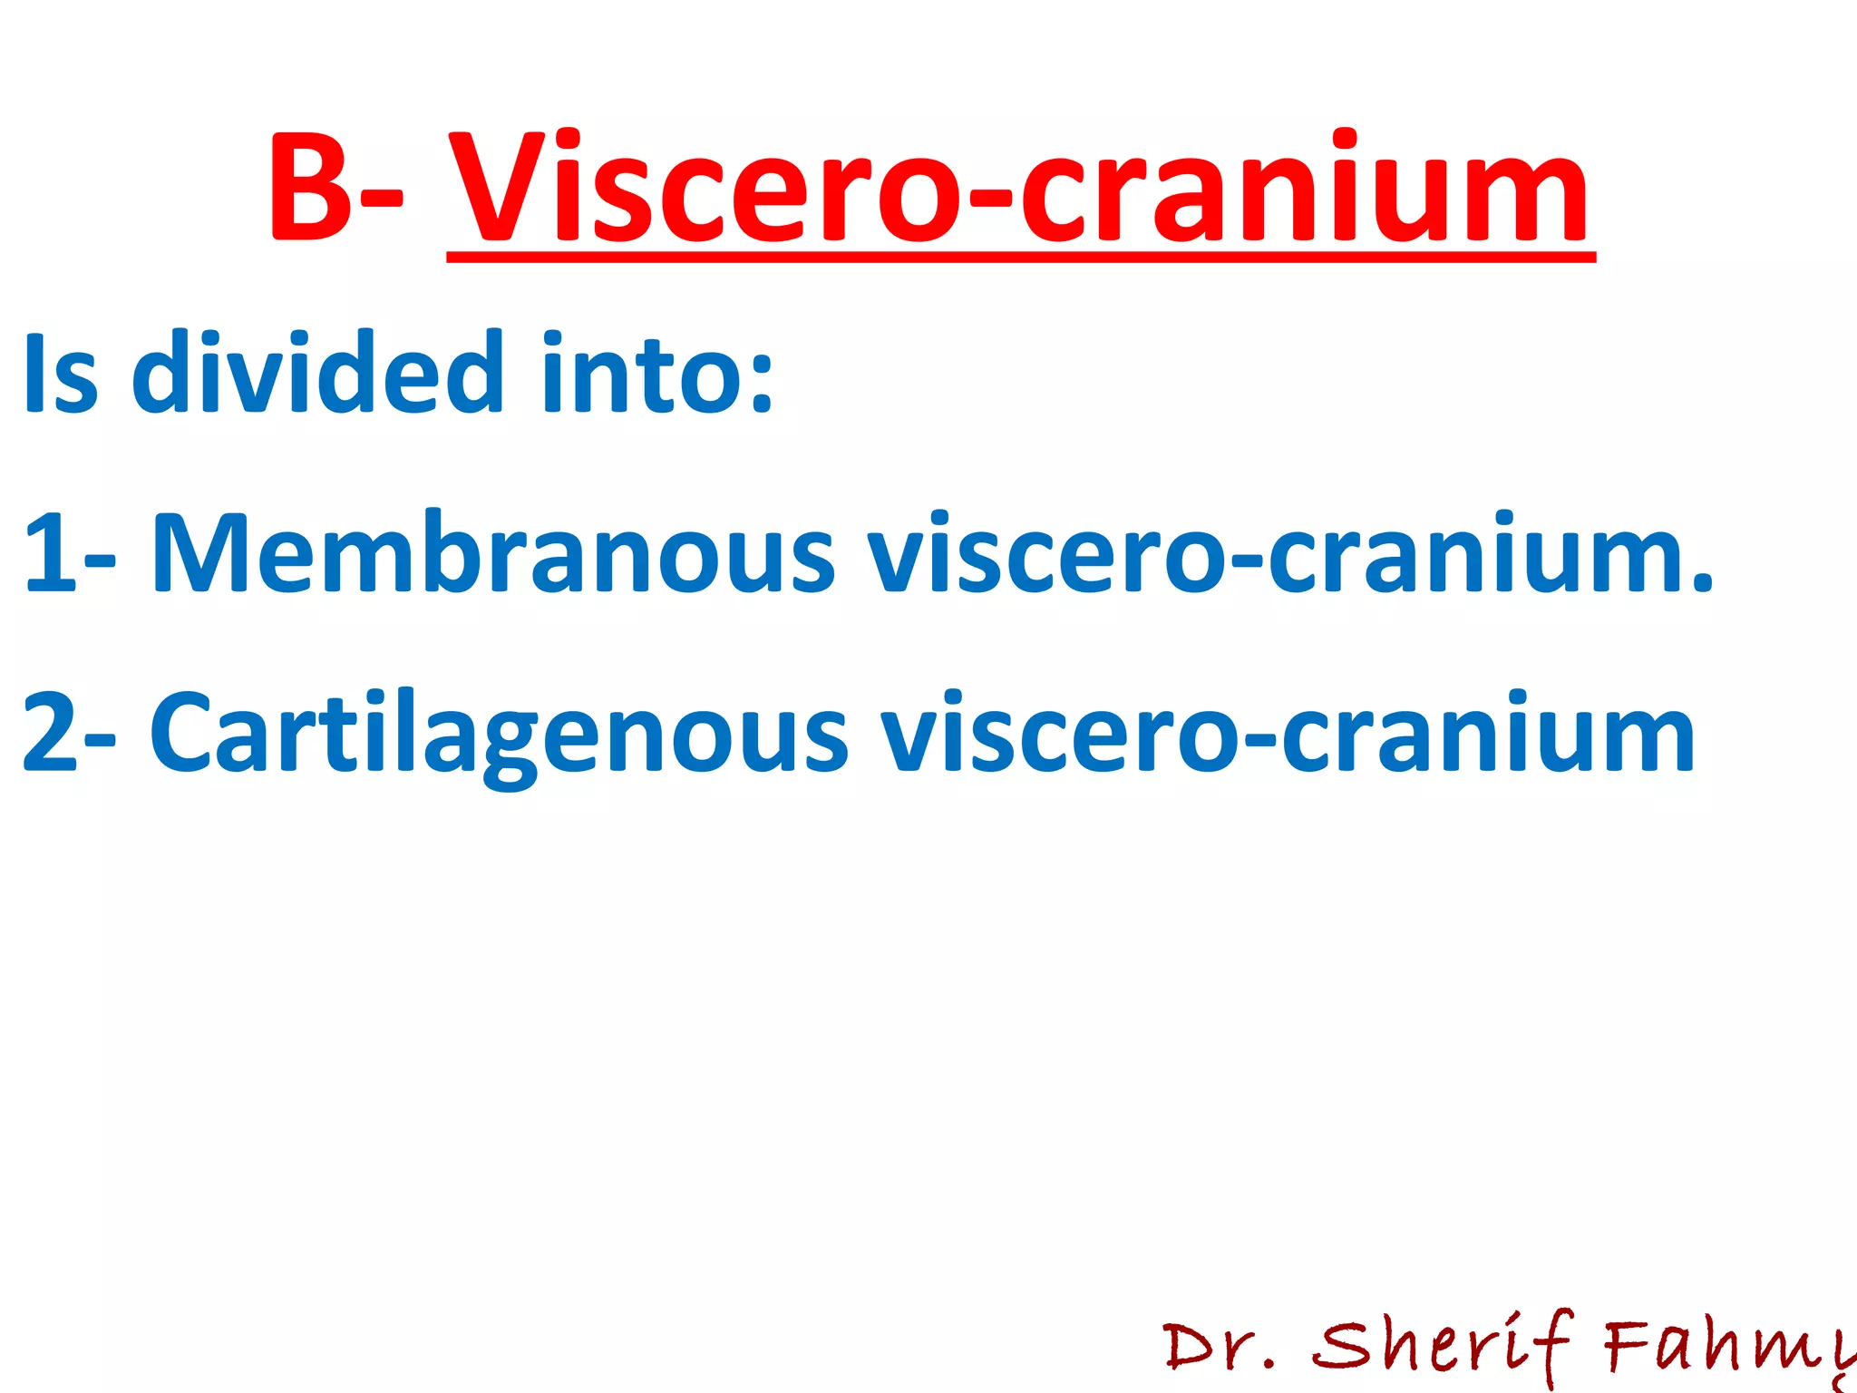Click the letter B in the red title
[311, 189]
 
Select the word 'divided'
[317, 372]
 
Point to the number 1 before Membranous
[50, 553]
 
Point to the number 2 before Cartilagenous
[50, 733]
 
